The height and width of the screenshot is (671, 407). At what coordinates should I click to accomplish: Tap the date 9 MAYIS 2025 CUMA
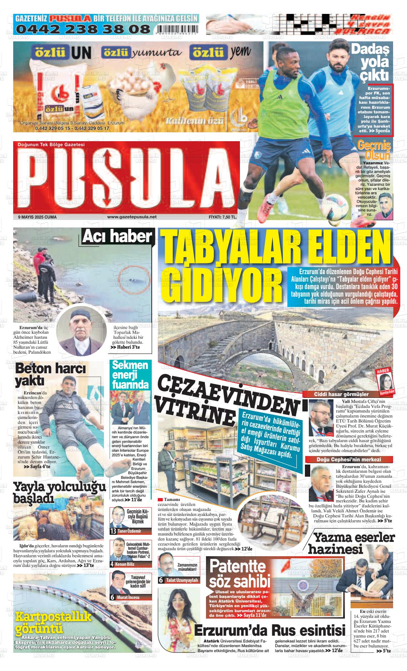click(37, 217)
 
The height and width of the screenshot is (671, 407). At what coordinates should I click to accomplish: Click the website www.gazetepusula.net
click(132, 217)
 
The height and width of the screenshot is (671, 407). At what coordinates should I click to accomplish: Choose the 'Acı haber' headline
click(117, 236)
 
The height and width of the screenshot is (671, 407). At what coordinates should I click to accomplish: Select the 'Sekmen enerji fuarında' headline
click(130, 375)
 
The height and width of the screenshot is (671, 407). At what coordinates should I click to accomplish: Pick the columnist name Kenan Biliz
click(125, 564)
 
